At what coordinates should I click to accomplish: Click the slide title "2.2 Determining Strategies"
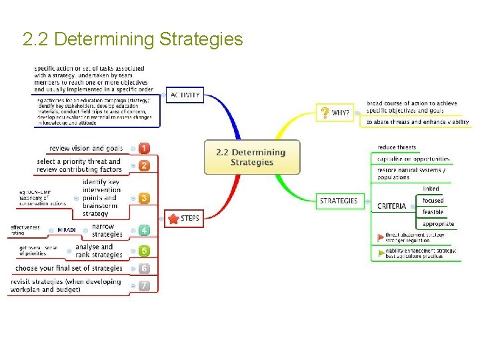click(x=133, y=40)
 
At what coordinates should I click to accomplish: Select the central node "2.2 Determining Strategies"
click(x=251, y=157)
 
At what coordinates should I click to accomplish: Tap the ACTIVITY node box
click(x=185, y=95)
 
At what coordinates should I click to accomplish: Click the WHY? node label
click(x=341, y=113)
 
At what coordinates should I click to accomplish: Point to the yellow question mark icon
click(x=325, y=113)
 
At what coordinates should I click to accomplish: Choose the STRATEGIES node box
click(x=338, y=201)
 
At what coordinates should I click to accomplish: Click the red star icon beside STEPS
click(x=173, y=219)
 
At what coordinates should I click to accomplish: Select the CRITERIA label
click(x=391, y=206)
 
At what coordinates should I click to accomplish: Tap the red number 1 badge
click(x=144, y=148)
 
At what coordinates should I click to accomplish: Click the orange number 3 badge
click(x=144, y=198)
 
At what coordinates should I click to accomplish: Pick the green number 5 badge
click(x=144, y=251)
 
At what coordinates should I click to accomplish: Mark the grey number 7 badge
click(x=144, y=285)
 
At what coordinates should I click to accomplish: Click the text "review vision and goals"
click(x=86, y=148)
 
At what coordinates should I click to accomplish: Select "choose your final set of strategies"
click(x=69, y=268)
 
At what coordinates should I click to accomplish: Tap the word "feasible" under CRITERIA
click(x=433, y=212)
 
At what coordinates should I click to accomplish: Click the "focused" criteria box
click(x=433, y=200)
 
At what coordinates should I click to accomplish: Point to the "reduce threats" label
click(x=397, y=147)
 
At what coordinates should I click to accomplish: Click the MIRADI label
click(x=66, y=230)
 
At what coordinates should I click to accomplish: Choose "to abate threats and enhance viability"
click(x=417, y=122)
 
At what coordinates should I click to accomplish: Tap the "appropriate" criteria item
click(x=438, y=224)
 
